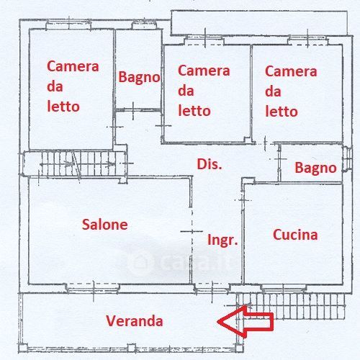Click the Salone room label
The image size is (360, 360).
tap(104, 225)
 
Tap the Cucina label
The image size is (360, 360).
tap(295, 235)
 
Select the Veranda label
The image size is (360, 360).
tap(135, 320)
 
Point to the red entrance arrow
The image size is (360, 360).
tap(246, 321)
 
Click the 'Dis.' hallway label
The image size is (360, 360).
tap(210, 164)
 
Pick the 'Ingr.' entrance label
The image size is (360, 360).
tap(222, 240)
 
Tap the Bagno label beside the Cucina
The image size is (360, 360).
tap(315, 168)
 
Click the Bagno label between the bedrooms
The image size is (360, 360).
tap(139, 77)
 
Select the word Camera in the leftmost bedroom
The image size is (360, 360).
tap(73, 66)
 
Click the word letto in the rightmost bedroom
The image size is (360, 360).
tap(282, 112)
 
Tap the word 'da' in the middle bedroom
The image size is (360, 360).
tap(186, 91)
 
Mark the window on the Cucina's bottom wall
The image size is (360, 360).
tap(284, 287)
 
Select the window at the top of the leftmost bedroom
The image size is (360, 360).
tap(68, 24)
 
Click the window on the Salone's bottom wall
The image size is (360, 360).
tap(94, 287)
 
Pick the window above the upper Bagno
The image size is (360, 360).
tap(144, 25)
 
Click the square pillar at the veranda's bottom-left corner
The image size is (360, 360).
tap(22, 348)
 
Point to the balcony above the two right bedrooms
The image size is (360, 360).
tap(259, 23)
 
